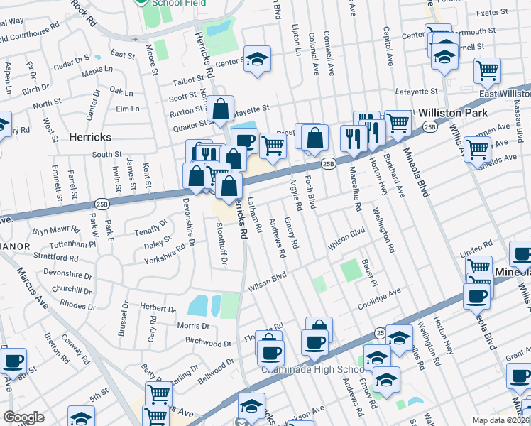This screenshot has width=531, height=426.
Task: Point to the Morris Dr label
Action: (x=192, y=326)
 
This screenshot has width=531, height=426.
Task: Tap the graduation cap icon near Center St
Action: (x=258, y=60)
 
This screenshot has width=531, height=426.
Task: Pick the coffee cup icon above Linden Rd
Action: (x=522, y=254)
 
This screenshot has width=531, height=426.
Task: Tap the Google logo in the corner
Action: (x=23, y=417)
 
